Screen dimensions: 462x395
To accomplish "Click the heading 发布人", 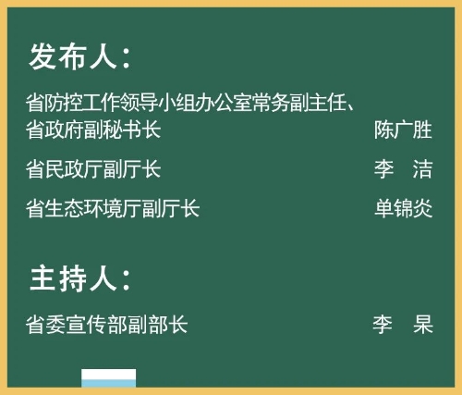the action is coord(73,56).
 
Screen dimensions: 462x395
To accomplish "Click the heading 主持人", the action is coord(73,278).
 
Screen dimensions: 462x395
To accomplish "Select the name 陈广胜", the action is coord(403,130).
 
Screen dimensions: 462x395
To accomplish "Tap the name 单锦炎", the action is coord(404,208).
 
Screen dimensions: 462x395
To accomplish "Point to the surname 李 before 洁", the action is coord(384,169).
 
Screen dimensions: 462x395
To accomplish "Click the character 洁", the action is coord(422,169).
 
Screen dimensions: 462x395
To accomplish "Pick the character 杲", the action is coord(423,324).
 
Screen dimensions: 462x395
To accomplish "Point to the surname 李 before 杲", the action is coord(383,324).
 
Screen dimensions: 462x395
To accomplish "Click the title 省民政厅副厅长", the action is coord(93,169).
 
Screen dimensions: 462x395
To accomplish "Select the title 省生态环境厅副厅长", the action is coord(113,208).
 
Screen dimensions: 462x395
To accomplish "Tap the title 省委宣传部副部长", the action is coord(106,324).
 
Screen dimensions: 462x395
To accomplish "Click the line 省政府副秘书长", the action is coord(93,130).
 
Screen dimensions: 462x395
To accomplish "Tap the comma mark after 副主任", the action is coord(351,107).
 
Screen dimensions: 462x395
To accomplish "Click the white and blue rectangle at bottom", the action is coord(109,378).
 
